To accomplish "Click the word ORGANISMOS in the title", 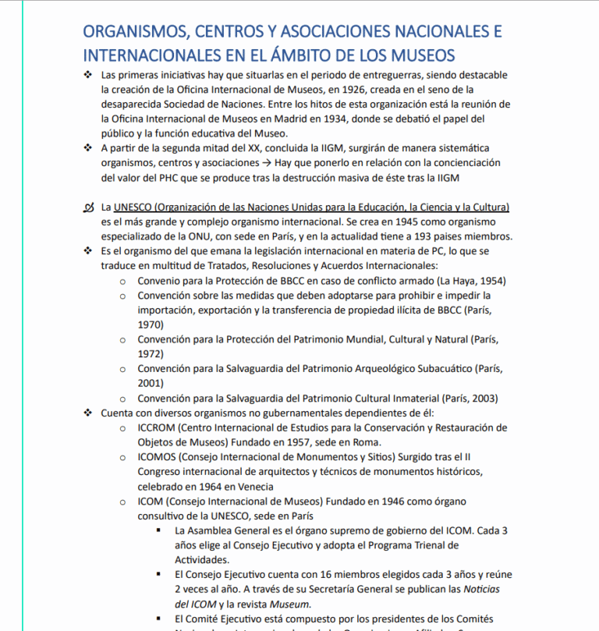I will click(128, 32).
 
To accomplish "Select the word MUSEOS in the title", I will click(418, 55).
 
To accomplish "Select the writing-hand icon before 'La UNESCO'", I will click(87, 207).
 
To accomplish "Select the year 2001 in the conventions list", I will click(151, 383).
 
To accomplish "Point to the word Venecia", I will click(254, 486).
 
